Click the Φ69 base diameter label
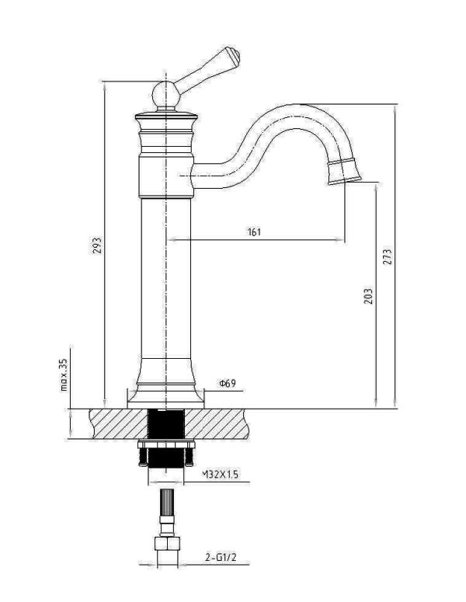click(228, 383)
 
